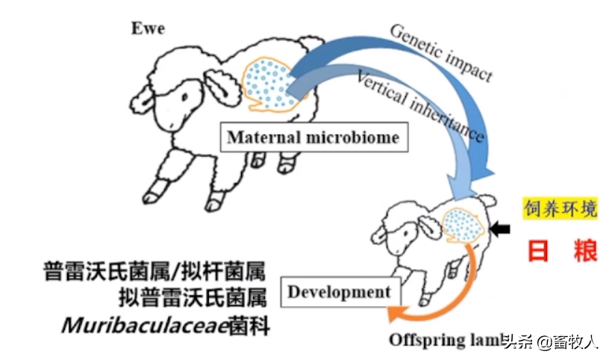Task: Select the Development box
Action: (339, 292)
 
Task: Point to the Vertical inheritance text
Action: (421, 108)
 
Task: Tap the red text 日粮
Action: (563, 251)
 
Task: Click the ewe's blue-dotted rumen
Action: (268, 82)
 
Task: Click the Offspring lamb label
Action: (444, 341)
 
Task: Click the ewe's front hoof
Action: (153, 196)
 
